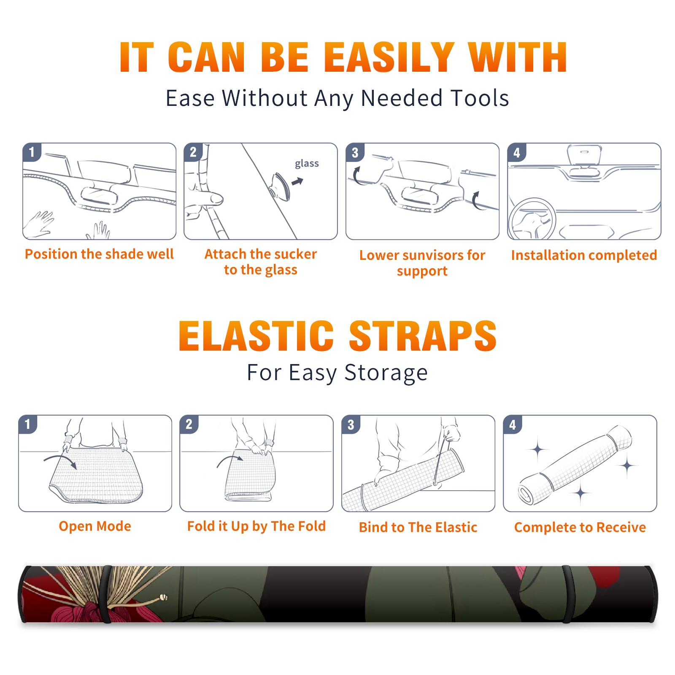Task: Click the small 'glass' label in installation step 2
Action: click(x=307, y=164)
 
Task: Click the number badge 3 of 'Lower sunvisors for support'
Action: click(x=355, y=153)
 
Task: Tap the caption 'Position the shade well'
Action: click(x=99, y=254)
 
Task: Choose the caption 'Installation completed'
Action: click(x=584, y=255)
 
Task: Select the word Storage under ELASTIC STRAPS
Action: click(x=386, y=373)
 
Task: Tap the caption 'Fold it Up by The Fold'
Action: click(x=256, y=526)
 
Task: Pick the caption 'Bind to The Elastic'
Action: click(x=418, y=527)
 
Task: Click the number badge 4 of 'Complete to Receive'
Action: click(x=513, y=424)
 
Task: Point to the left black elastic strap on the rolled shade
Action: click(x=106, y=594)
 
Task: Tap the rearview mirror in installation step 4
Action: click(x=584, y=154)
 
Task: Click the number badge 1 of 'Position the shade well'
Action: click(x=32, y=152)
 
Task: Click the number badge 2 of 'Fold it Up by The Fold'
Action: click(x=189, y=424)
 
